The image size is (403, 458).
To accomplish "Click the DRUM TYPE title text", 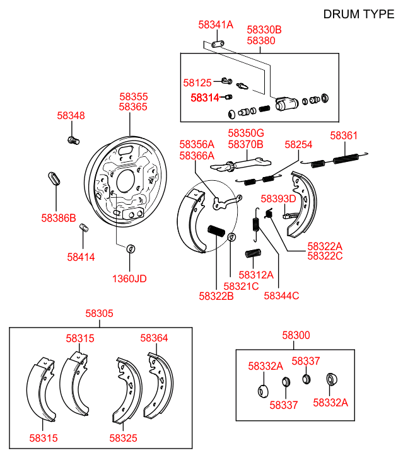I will [358, 14].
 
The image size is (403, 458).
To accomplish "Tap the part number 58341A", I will [216, 25].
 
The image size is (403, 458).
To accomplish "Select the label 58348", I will [71, 116].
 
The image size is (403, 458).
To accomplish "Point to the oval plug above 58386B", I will [54, 178].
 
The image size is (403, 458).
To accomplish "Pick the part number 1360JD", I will [129, 278].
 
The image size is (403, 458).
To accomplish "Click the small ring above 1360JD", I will [131, 248].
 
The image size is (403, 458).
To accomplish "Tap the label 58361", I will [344, 135].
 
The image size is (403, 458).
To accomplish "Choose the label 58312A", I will [256, 275].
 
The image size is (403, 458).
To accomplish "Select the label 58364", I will [155, 338].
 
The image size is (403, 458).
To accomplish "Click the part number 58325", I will [124, 438].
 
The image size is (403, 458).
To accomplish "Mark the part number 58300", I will [296, 336].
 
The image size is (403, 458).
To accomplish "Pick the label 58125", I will [197, 83].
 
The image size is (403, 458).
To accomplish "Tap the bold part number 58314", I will [205, 98].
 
